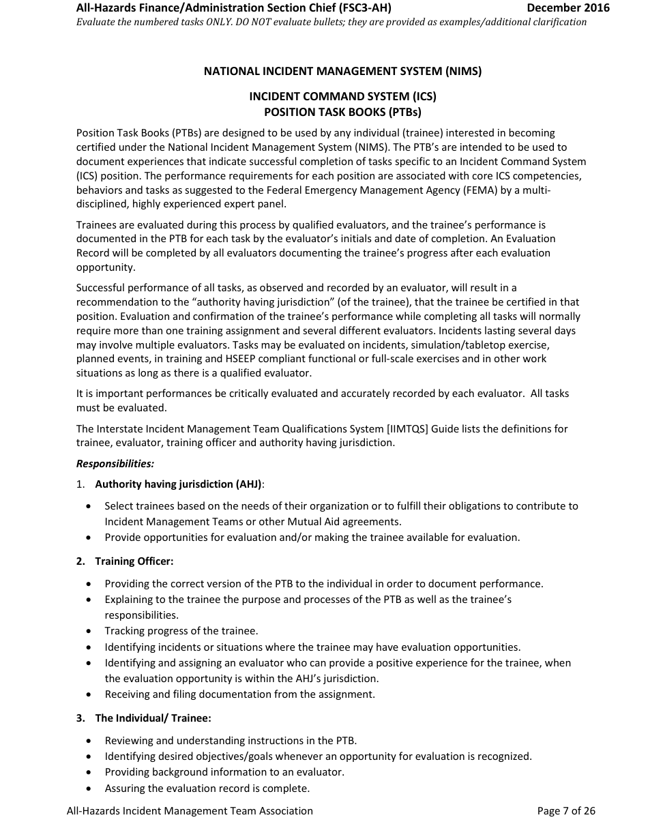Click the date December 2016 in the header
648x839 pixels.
pyautogui.click(x=568, y=8)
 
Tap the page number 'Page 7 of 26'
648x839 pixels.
pyautogui.click(x=566, y=811)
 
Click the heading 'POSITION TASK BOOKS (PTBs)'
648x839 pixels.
pyautogui.click(x=342, y=112)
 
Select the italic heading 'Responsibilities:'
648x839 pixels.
pyautogui.click(x=115, y=464)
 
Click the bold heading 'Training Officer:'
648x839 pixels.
pyautogui.click(x=134, y=561)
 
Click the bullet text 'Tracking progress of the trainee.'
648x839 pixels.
pyautogui.click(x=181, y=632)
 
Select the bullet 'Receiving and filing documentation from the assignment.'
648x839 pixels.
pyautogui.click(x=239, y=694)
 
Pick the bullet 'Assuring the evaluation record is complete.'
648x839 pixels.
pyautogui.click(x=207, y=789)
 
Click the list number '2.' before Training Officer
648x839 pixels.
pyautogui.click(x=80, y=561)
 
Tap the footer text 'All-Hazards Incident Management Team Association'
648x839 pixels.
pyautogui.click(x=190, y=811)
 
